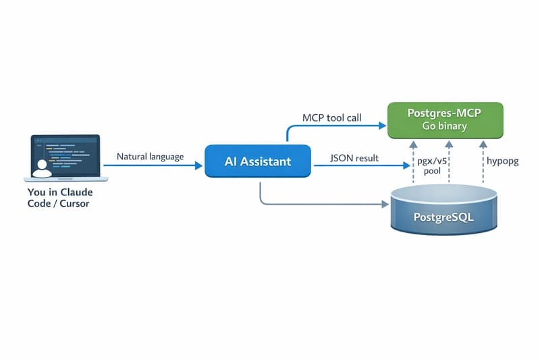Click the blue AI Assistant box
(x=257, y=161)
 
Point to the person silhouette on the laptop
(x=41, y=168)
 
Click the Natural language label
(x=150, y=157)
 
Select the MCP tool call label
(x=332, y=118)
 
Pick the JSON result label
(x=354, y=159)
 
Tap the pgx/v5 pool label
(x=432, y=167)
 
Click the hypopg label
(x=502, y=162)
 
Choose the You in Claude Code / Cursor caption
(x=61, y=197)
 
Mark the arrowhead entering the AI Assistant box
(x=200, y=165)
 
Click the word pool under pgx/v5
(x=432, y=172)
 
